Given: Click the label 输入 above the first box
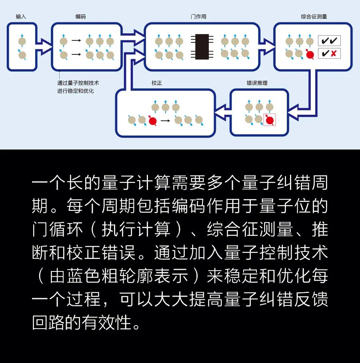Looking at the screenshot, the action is [21, 16].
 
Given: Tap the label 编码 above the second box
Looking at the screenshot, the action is [80, 16].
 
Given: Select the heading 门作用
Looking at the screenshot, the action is [198, 16].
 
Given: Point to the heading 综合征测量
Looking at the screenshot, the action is [314, 16].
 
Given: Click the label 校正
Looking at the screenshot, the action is [157, 83].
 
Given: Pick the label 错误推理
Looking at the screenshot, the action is [257, 83].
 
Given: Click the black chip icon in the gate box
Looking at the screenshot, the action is [202, 47].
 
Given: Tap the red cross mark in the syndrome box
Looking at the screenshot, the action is [334, 54].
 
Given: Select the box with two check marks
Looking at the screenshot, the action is [329, 41].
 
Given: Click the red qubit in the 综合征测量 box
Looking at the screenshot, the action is [310, 54].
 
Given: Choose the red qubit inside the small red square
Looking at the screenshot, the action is [270, 120].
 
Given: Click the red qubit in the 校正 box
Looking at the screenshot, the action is [152, 120].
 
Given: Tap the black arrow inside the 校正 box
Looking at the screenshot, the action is [165, 121].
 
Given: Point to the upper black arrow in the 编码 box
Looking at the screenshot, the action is [76, 40].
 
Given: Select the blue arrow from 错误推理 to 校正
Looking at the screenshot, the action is [223, 112].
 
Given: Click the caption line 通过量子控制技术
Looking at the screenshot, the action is [78, 83].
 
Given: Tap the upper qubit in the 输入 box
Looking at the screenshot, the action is [22, 41].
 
